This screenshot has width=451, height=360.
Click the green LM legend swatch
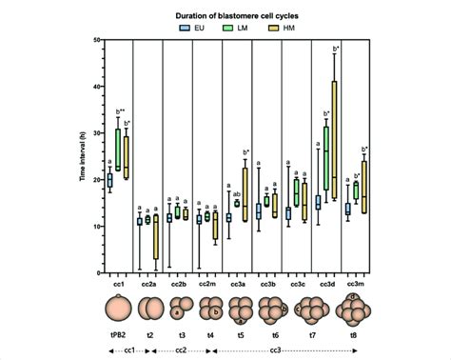tap(232, 29)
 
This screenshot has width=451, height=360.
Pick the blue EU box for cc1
tap(108, 180)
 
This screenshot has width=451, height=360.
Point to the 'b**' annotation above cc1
tap(119, 111)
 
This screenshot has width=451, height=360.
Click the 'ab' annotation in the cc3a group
tap(236, 193)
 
